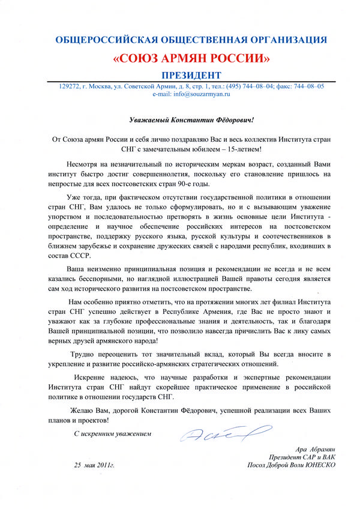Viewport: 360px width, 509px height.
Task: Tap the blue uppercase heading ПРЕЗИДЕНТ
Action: [191, 76]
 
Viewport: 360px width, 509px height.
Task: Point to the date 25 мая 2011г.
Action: [94, 465]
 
